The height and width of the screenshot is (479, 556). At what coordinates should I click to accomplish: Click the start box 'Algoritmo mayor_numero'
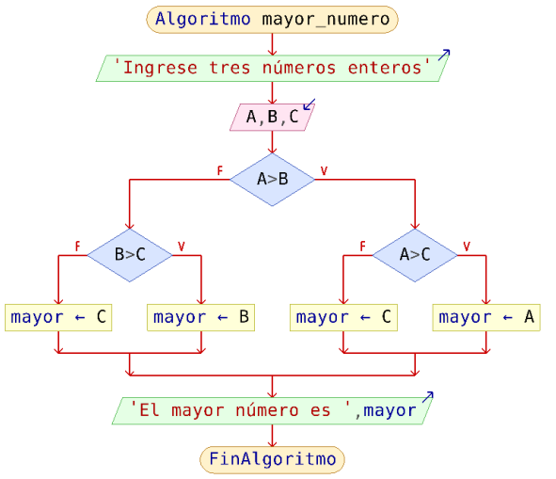click(x=272, y=20)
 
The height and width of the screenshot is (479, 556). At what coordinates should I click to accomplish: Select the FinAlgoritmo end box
click(x=272, y=459)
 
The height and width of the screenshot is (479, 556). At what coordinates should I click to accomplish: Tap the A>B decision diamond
click(x=272, y=180)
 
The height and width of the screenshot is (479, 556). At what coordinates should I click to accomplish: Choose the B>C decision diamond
click(x=130, y=255)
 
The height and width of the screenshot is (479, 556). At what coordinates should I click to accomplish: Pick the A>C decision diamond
click(x=415, y=255)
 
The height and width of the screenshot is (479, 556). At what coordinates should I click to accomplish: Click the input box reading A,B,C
click(x=272, y=117)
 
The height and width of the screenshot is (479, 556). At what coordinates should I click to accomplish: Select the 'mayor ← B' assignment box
click(x=201, y=317)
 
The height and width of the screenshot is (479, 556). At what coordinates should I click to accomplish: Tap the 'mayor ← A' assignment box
click(x=486, y=317)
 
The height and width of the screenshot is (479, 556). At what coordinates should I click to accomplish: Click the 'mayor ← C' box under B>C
click(x=58, y=317)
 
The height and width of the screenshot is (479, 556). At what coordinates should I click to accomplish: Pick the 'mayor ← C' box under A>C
click(x=343, y=317)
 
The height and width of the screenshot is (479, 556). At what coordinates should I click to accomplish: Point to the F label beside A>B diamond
click(x=220, y=171)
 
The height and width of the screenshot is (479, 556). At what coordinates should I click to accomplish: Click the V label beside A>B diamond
click(x=324, y=171)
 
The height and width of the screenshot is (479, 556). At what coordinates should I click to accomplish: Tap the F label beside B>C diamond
click(x=78, y=247)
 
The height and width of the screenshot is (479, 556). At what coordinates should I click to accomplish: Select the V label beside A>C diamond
click(x=467, y=247)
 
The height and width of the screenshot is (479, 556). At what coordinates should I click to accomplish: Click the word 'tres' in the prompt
click(x=230, y=68)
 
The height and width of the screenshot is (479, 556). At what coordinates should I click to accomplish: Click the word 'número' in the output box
click(x=267, y=411)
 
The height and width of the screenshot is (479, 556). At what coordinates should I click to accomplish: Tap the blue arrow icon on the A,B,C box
click(x=310, y=104)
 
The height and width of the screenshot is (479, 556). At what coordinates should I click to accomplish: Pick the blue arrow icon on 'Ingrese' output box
click(x=444, y=55)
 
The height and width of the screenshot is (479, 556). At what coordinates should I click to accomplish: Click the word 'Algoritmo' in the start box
click(x=203, y=19)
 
